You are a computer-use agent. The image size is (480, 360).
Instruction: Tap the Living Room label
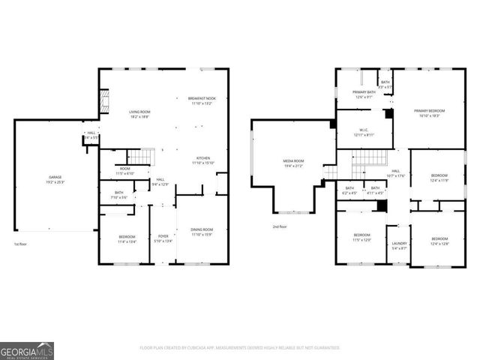coord(140,114)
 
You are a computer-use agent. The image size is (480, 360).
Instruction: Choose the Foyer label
coord(163,238)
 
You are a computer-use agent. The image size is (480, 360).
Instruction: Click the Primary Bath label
coord(364,94)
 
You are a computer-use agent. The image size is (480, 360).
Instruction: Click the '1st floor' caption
coord(21,244)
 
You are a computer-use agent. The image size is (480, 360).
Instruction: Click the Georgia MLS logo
coord(27,350)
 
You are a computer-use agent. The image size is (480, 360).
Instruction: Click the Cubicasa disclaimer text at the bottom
coord(240,348)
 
